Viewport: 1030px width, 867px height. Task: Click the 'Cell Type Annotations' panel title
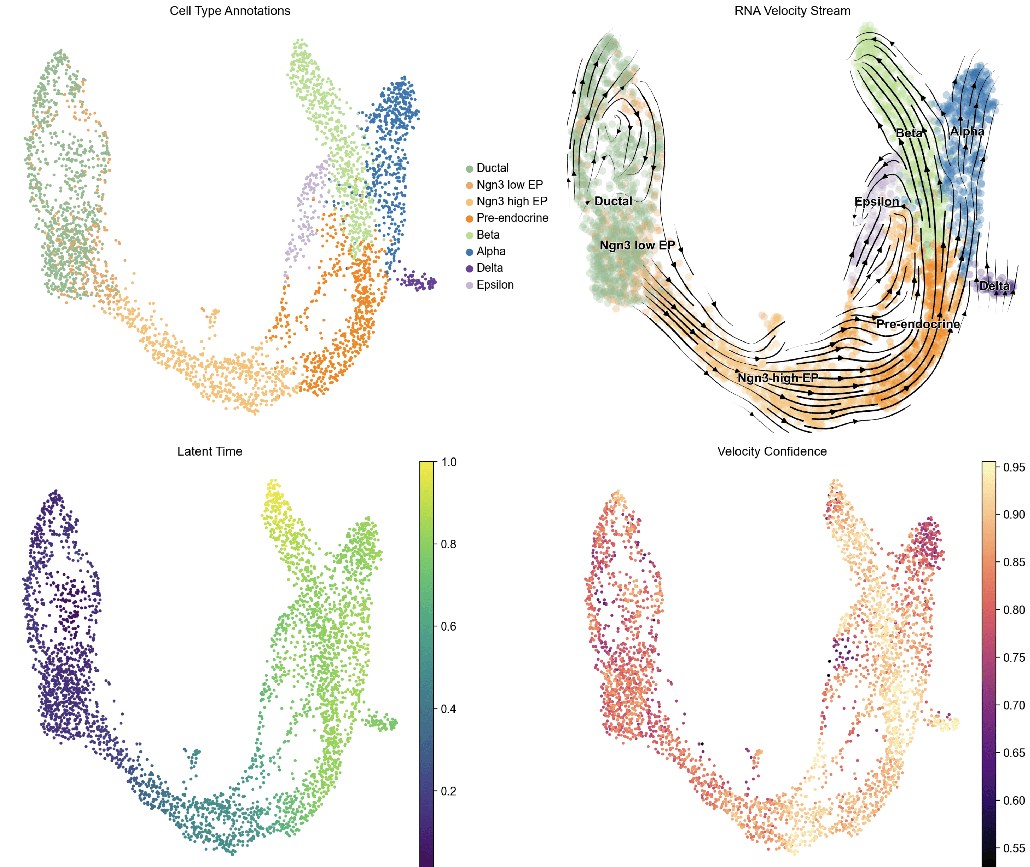[x=230, y=11]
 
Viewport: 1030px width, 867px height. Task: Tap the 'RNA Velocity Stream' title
[x=792, y=11]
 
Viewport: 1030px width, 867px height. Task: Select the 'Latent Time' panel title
[x=210, y=451]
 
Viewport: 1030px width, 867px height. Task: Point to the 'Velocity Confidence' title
[x=772, y=451]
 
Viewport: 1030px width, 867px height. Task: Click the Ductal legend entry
[x=492, y=168]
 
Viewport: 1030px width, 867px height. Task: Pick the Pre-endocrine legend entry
[x=512, y=218]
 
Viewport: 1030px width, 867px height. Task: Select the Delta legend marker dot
[x=469, y=268]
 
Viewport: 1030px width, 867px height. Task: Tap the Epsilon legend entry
[x=495, y=285]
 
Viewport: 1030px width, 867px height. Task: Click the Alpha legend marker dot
[x=469, y=252]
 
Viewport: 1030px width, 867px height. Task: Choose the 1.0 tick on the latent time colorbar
[x=449, y=462]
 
